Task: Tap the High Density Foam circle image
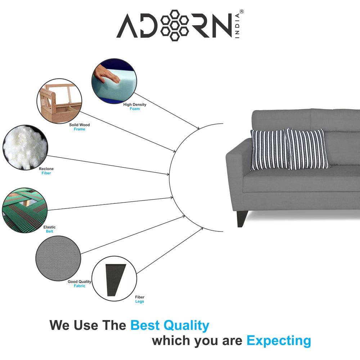[114, 81]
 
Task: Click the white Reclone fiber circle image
[25, 147]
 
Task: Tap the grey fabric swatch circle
[58, 258]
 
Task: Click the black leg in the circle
[114, 278]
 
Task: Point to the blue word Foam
[135, 109]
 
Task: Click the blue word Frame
[79, 129]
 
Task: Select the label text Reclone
[46, 169]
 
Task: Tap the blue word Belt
[49, 231]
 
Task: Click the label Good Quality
[80, 282]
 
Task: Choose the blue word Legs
[140, 302]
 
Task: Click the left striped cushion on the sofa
[269, 150]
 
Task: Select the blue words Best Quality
[170, 326]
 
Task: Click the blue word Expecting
[279, 341]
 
